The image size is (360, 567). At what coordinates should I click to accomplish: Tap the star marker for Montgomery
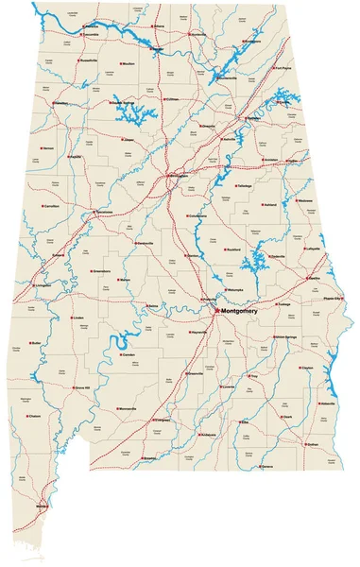click(x=216, y=310)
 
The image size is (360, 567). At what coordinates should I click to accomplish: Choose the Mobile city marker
click(x=39, y=507)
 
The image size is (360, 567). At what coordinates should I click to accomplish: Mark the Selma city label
click(x=153, y=306)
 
